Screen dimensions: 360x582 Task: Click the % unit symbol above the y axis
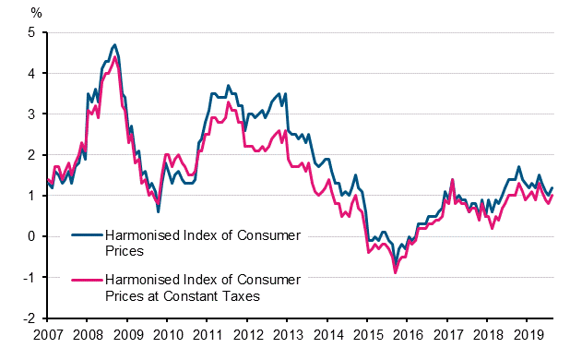point(36,12)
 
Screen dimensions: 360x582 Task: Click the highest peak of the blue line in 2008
point(114,44)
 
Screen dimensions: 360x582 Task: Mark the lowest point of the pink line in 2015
point(396,272)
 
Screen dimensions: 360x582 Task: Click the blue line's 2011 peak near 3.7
point(228,85)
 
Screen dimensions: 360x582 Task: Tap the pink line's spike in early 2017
point(453,179)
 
